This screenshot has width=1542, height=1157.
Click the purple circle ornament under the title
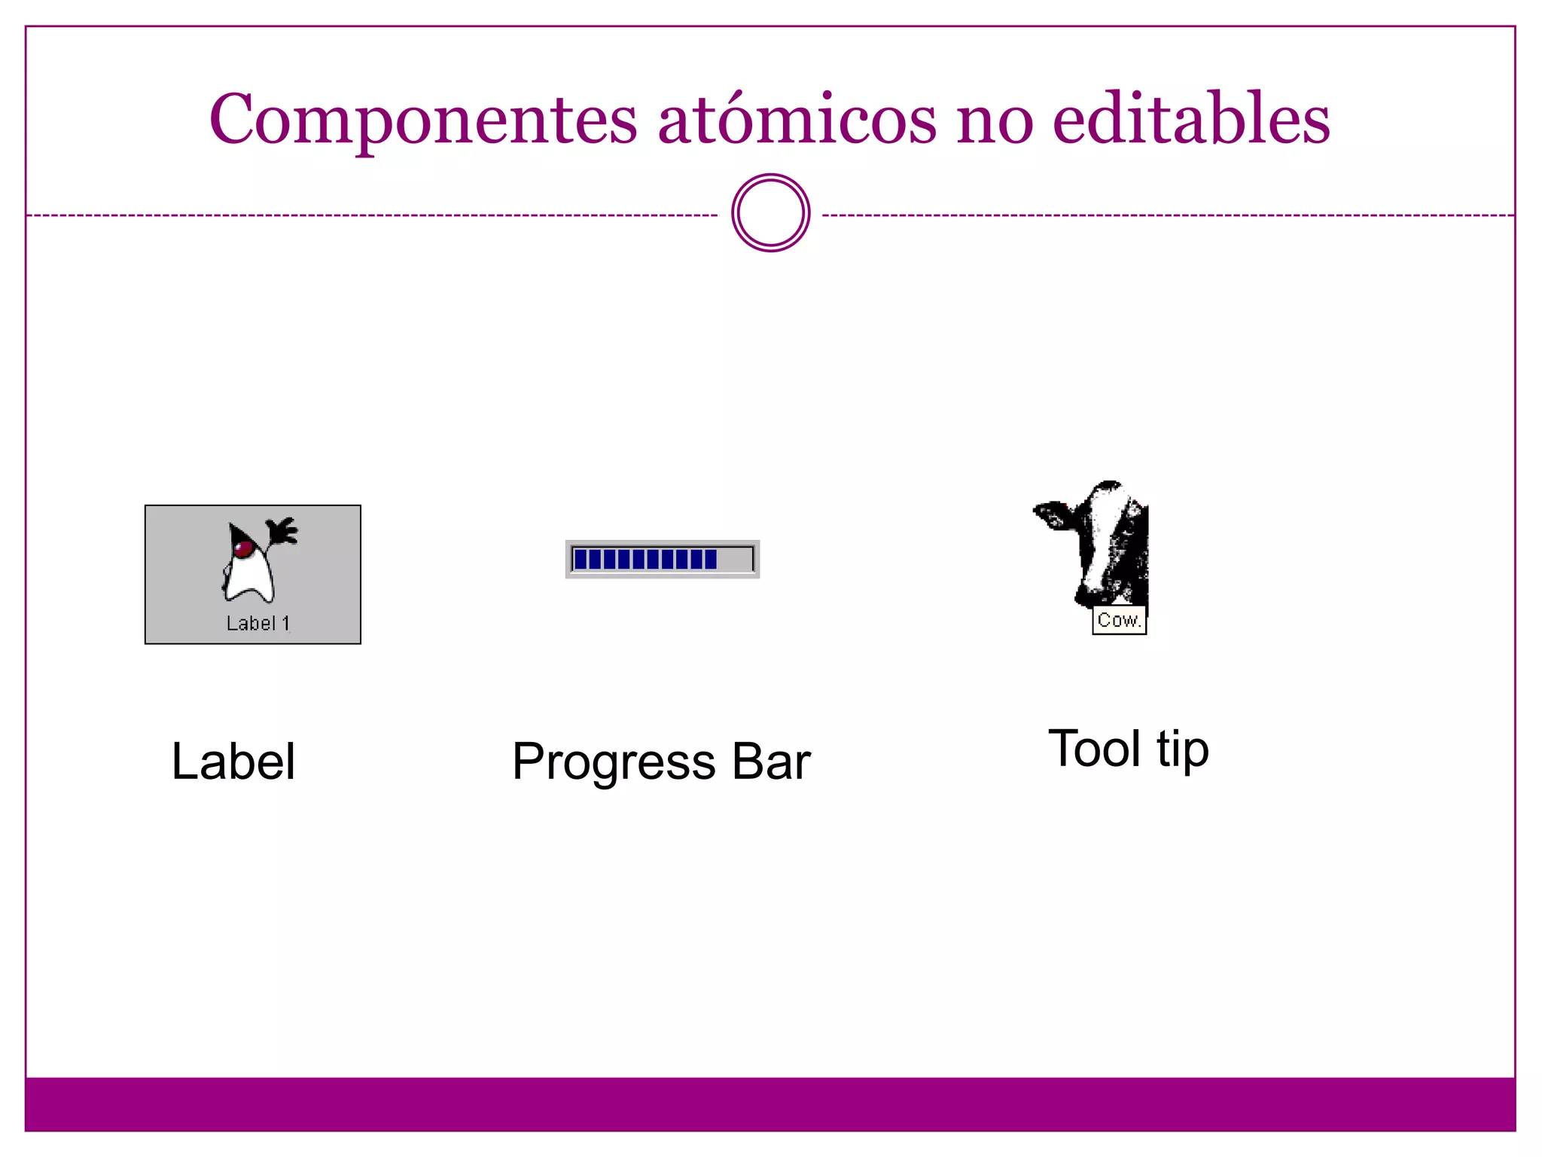[x=770, y=213]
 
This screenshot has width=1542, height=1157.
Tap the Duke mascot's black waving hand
[x=282, y=530]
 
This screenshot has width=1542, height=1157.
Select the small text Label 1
[x=258, y=623]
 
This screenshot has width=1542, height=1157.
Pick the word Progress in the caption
[x=613, y=762]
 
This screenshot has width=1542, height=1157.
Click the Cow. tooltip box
[x=1119, y=620]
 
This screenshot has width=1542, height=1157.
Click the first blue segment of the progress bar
[x=581, y=559]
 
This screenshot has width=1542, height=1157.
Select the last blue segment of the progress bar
[x=711, y=559]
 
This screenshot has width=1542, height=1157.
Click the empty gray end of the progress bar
[x=735, y=559]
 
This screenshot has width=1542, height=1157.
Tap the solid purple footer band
[x=770, y=1104]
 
